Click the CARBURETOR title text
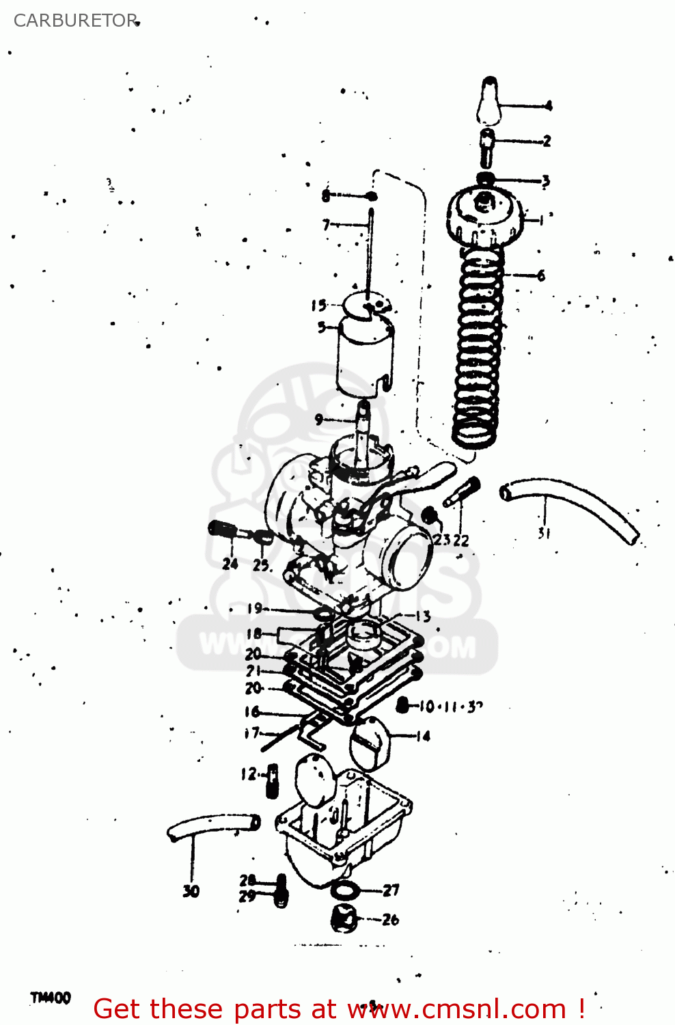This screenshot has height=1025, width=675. pyautogui.click(x=75, y=20)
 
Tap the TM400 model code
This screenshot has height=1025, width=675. pyautogui.click(x=51, y=998)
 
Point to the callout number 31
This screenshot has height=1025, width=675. pyautogui.click(x=544, y=534)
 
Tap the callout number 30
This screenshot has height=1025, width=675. pyautogui.click(x=191, y=891)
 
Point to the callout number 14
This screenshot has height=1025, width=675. pyautogui.click(x=424, y=736)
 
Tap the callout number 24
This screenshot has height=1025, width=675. pyautogui.click(x=230, y=564)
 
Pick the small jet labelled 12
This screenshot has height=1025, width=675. pyautogui.click(x=273, y=781)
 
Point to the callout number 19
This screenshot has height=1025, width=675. pyautogui.click(x=253, y=608)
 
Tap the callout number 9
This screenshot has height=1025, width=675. pyautogui.click(x=318, y=420)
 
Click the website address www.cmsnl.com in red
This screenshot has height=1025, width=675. pyautogui.click(x=457, y=1009)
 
